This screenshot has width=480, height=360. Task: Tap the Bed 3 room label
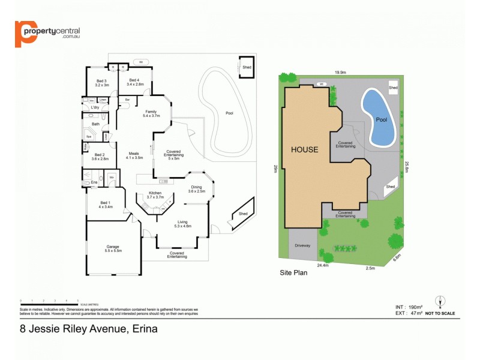(x=101, y=83)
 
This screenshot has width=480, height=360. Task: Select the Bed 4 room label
(x=136, y=83)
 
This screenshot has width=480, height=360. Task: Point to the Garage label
(x=113, y=248)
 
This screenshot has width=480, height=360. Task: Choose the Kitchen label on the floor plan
(x=155, y=195)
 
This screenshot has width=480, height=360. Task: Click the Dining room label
(x=196, y=188)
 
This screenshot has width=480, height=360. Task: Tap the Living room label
(x=182, y=224)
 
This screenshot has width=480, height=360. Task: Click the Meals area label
(x=134, y=155)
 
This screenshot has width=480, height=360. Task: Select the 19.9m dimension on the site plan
(x=340, y=73)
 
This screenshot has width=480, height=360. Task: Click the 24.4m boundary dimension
(x=323, y=265)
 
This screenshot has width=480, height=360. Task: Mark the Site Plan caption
(x=294, y=272)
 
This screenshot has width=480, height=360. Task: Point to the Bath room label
(x=95, y=124)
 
